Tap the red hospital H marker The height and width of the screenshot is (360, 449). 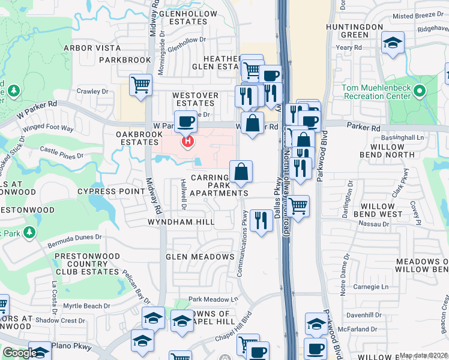(188, 142)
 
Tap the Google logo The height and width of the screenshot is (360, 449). (19, 352)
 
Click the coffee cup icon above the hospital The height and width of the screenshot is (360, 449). (185, 121)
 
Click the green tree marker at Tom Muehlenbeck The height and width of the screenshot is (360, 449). (420, 92)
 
